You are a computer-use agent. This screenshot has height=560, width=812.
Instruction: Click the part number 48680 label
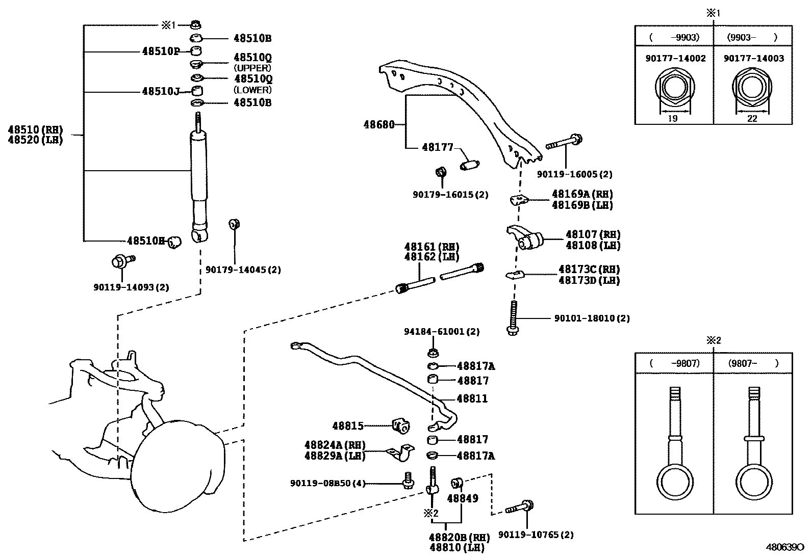379,124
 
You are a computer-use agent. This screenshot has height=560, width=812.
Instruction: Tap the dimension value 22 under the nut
752,119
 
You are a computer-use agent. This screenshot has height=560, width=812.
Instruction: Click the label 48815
348,425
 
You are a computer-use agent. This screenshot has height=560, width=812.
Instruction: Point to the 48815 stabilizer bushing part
401,425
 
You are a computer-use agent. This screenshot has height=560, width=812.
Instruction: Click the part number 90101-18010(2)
592,318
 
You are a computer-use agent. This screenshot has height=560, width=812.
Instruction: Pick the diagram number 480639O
783,548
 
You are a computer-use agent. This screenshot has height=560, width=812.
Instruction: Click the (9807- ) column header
753,363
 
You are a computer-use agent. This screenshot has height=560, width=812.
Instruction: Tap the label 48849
463,498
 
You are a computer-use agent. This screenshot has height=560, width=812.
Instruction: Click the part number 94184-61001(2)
442,331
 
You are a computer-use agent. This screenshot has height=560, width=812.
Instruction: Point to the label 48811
472,398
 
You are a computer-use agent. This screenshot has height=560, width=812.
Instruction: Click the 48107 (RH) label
593,234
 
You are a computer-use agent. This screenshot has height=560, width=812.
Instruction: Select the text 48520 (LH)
35,140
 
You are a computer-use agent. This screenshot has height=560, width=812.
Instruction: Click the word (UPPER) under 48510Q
252,68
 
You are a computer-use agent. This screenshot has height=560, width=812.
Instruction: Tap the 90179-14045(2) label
243,270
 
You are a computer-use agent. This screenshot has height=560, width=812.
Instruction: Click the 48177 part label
438,147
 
